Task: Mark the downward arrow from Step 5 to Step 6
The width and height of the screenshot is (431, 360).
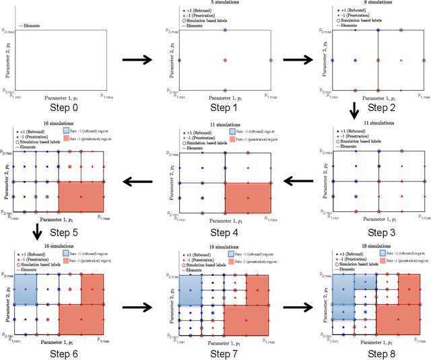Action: coord(38,233)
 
